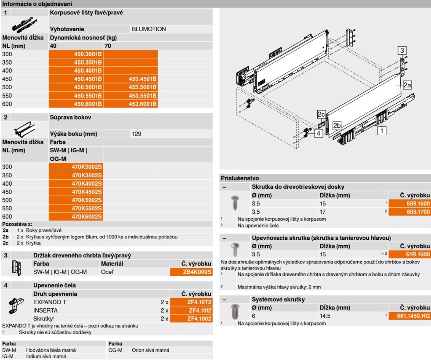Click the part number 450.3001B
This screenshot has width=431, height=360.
pos(88,54)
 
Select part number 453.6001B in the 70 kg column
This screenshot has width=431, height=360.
pos(142,104)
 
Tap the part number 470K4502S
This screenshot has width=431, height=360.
pos(87,192)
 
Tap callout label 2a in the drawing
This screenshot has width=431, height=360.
pos(407,85)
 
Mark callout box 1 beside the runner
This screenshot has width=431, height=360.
pos(383,130)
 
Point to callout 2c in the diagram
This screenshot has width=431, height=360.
pos(321,115)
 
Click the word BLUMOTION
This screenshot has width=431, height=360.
pos(149,29)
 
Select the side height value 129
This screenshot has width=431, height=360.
pos(137,133)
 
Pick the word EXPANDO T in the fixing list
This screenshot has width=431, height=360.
pos(50,302)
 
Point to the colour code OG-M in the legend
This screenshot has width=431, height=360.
pos(115,350)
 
